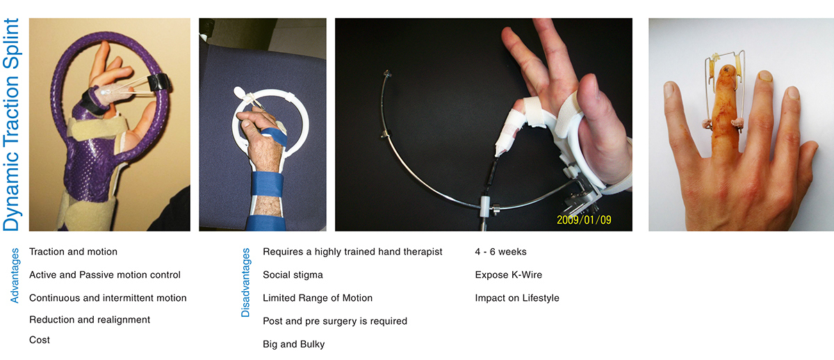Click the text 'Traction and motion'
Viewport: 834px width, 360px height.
[x=73, y=252]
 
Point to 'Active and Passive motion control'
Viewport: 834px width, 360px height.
[x=104, y=275]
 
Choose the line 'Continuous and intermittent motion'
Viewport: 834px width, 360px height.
[x=108, y=297]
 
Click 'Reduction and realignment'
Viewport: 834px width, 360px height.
[x=90, y=320]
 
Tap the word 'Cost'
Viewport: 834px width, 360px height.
[x=40, y=340]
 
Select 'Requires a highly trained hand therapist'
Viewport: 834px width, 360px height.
[x=352, y=252]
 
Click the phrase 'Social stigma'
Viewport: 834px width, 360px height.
[x=293, y=275]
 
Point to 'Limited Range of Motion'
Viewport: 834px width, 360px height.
[x=318, y=297]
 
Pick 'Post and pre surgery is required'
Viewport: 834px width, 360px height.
[x=335, y=320]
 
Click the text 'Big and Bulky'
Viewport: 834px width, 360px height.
[x=293, y=343]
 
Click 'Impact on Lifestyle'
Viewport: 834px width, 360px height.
[x=517, y=297]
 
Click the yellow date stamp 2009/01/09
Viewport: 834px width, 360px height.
[x=584, y=220]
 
